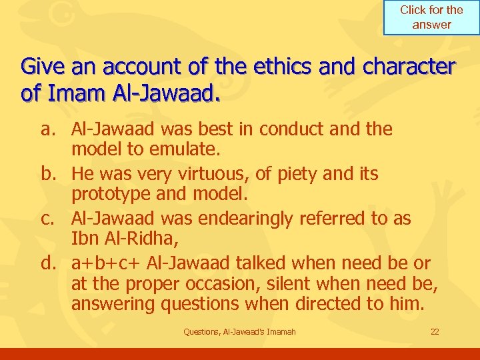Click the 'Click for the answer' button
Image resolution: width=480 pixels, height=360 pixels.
(431, 18)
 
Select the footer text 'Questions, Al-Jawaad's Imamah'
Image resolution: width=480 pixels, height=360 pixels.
(239, 332)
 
